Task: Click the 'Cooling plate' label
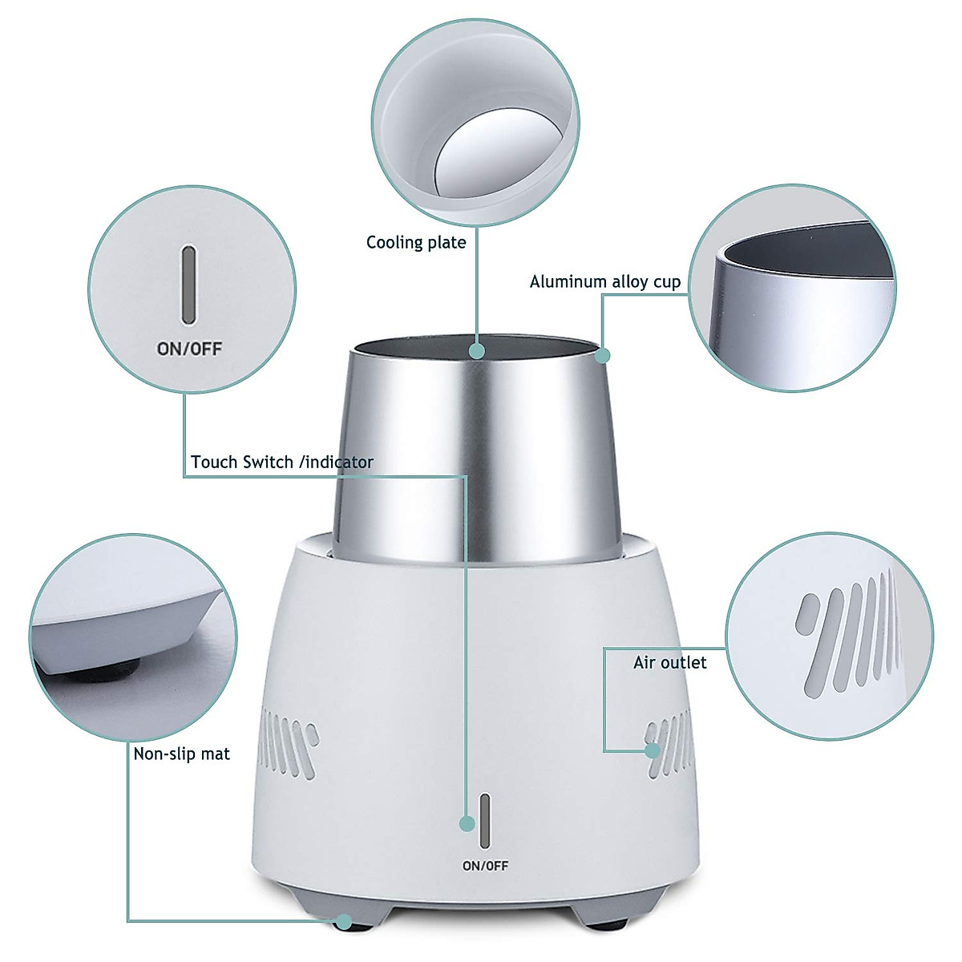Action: click(x=416, y=242)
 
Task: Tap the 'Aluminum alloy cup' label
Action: click(x=604, y=281)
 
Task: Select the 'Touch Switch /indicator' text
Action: click(x=282, y=462)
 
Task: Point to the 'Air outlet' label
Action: click(x=670, y=662)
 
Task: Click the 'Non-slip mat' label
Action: click(x=181, y=754)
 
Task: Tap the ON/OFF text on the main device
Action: click(x=485, y=866)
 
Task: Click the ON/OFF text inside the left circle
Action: click(x=189, y=349)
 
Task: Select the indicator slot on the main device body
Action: click(x=485, y=821)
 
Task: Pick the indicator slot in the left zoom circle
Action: click(x=189, y=285)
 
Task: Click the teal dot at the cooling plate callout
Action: click(x=477, y=350)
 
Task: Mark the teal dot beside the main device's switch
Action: click(x=467, y=823)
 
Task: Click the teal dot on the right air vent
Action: click(x=653, y=750)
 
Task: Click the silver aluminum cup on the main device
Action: click(x=473, y=449)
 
